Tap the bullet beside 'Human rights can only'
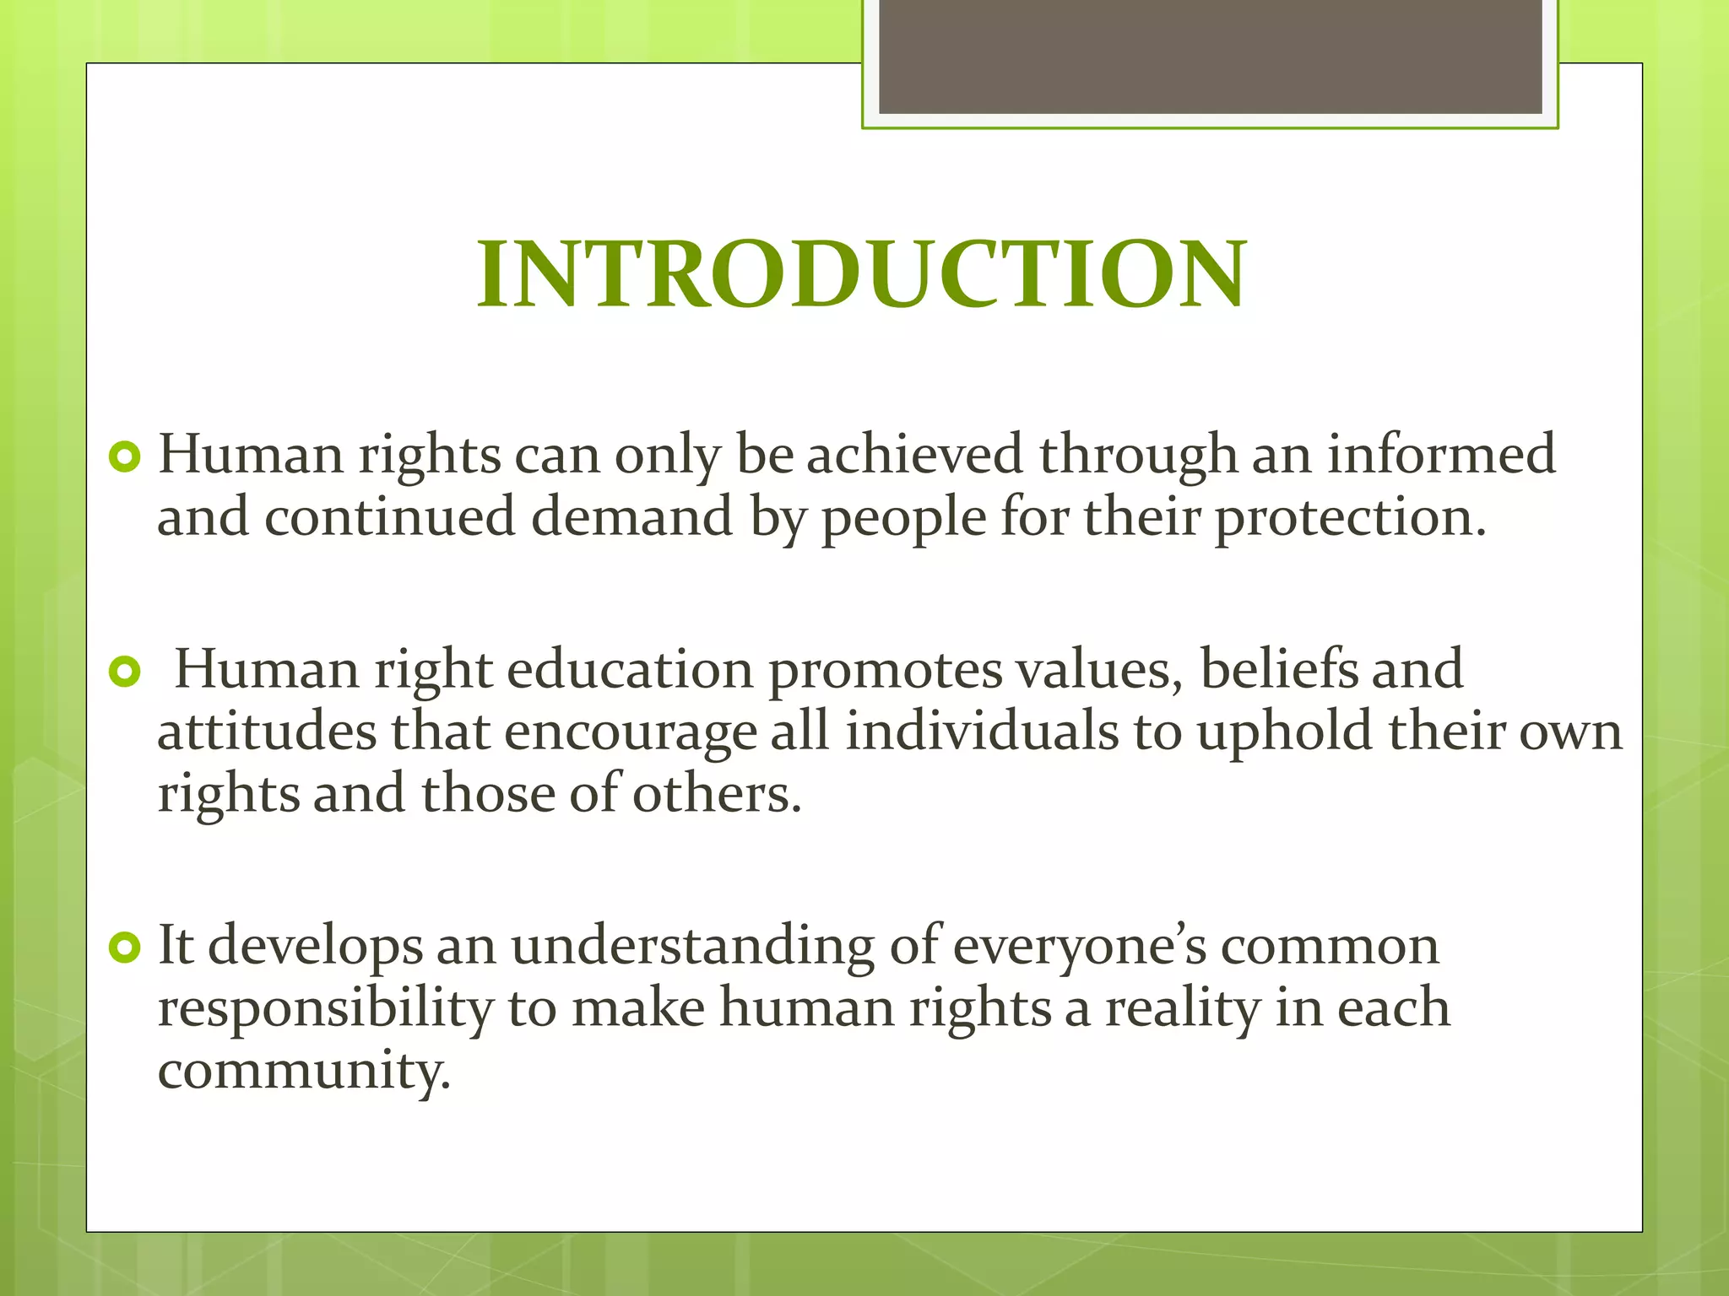pyautogui.click(x=125, y=457)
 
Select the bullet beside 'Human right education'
pyautogui.click(x=125, y=672)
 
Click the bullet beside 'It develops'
pyautogui.click(x=125, y=948)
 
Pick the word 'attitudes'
pyautogui.click(x=267, y=732)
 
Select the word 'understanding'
pyautogui.click(x=692, y=947)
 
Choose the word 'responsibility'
pyautogui.click(x=325, y=1009)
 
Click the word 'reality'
pyautogui.click(x=1182, y=1009)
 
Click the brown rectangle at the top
pyautogui.click(x=1210, y=57)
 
